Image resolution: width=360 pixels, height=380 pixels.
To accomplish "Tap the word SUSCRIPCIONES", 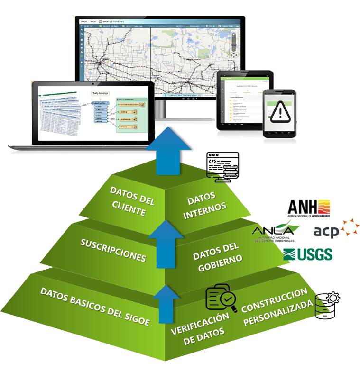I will (x=113, y=250).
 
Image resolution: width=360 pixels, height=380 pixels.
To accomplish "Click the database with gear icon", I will (x=328, y=304).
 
